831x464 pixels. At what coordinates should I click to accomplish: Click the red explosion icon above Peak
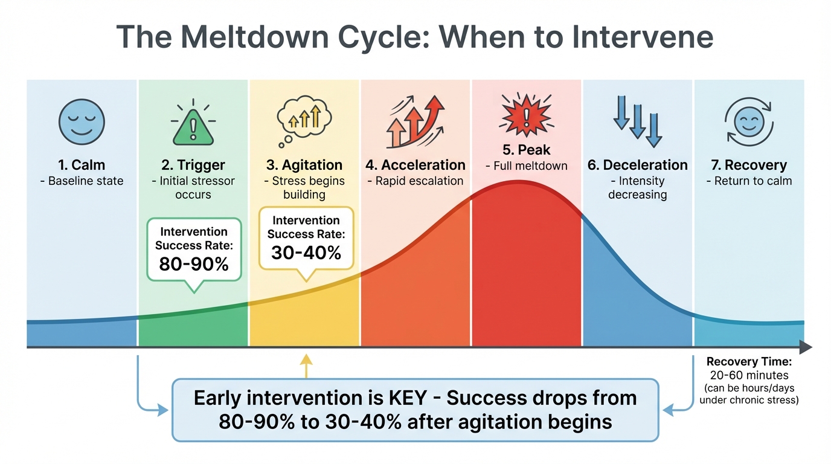coord(526,115)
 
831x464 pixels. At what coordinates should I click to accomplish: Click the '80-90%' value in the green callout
coord(194,264)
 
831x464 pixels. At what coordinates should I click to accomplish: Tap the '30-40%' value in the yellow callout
coord(306,253)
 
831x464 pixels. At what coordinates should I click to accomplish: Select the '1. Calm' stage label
coord(82,165)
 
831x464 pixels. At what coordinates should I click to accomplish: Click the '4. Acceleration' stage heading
coord(415,165)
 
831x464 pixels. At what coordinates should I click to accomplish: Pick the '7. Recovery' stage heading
coord(748,165)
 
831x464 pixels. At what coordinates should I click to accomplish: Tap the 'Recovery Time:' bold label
coord(749,362)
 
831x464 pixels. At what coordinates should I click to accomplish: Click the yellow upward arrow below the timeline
coord(306,364)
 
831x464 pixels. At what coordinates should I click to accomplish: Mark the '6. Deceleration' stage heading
coord(637,165)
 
